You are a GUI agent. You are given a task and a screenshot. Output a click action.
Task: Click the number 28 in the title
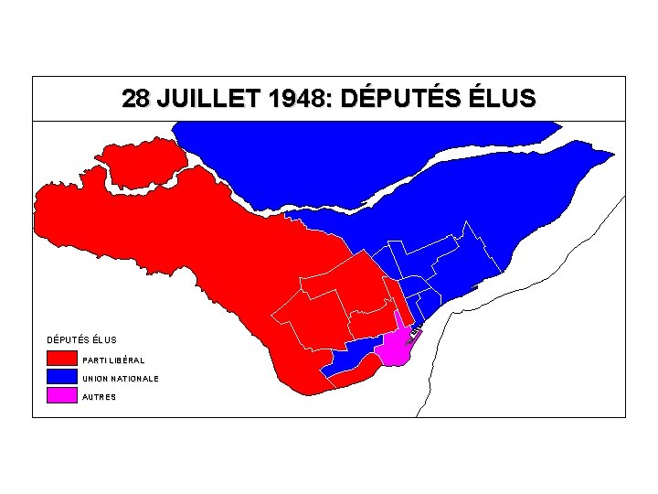click(136, 99)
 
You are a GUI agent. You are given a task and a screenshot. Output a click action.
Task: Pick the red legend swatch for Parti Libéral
click(61, 359)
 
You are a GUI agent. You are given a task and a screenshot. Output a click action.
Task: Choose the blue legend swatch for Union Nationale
click(61, 377)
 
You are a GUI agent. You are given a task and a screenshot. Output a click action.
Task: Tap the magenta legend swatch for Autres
click(61, 396)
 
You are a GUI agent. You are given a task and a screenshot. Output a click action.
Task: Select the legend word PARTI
click(92, 360)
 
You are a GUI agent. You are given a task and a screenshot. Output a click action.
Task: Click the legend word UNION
click(94, 378)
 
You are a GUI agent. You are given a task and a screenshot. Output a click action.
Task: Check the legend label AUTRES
click(99, 397)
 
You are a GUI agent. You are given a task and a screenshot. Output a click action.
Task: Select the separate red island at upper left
click(142, 165)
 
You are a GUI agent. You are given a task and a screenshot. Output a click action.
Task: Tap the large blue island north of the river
click(302, 160)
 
